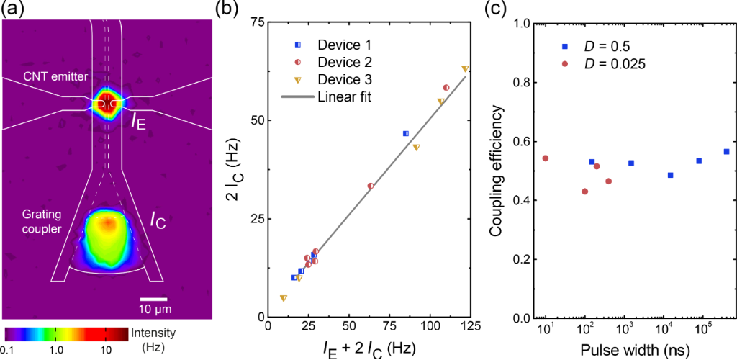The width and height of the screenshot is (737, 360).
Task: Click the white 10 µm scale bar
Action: click(153, 298)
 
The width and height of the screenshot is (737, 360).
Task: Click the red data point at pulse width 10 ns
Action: click(546, 158)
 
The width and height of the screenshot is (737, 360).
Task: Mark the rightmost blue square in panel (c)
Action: click(726, 152)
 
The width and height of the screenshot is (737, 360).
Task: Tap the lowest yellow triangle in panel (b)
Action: click(284, 298)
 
